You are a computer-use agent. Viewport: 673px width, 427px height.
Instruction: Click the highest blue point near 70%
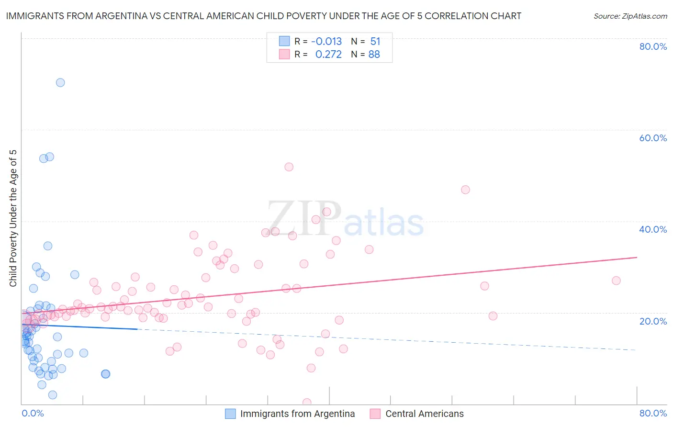[60, 82]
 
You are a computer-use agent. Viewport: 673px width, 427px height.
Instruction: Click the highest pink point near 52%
[289, 167]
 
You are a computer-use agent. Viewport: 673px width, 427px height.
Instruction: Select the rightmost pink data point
[616, 281]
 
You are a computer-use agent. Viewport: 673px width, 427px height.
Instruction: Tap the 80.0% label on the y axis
[653, 46]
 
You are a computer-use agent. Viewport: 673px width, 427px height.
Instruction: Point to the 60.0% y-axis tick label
[653, 138]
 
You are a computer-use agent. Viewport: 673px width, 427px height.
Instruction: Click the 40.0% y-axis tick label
[653, 229]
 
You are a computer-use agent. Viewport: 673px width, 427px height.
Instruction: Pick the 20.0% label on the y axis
[653, 321]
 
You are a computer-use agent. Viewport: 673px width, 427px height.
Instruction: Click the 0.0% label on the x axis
[33, 413]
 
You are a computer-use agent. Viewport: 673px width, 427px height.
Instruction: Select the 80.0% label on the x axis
[653, 413]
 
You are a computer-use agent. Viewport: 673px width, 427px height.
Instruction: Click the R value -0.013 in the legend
[326, 42]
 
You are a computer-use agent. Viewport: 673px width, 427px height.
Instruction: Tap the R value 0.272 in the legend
[328, 55]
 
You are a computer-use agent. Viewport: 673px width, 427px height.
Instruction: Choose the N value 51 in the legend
[375, 42]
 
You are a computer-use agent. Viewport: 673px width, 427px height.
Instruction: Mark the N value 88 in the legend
[374, 55]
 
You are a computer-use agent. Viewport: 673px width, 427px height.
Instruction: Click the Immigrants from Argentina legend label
[297, 414]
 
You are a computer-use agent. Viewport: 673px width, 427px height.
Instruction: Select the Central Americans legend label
[424, 414]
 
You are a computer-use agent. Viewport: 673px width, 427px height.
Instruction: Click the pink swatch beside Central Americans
[375, 414]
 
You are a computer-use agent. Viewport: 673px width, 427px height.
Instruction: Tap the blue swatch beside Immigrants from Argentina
[230, 414]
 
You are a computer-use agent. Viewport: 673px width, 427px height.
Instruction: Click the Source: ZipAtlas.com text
[630, 16]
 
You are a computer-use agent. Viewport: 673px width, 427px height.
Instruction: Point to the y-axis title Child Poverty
[13, 218]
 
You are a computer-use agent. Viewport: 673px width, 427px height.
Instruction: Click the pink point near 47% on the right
[465, 190]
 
